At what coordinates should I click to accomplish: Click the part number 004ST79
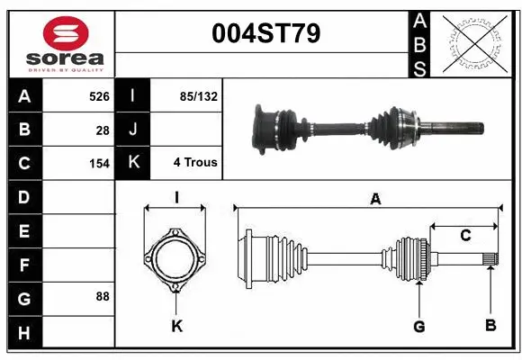pos(265,35)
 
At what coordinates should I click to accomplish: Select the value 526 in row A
pos(99,95)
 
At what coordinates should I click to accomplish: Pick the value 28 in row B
pos(103,130)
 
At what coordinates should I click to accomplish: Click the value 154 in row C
pos(99,164)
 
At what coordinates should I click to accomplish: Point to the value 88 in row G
pos(102,295)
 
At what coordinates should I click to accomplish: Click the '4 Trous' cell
pos(195,163)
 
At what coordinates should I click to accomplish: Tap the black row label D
pos(23,197)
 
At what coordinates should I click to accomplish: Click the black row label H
pos(23,333)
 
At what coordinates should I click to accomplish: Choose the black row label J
pos(134,130)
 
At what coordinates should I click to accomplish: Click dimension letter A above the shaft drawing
pos(375,200)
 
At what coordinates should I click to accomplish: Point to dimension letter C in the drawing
pos(465,236)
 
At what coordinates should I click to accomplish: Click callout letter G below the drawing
pos(418,326)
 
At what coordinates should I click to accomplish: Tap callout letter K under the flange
pos(176,326)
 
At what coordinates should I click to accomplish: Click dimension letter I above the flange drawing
pos(177,196)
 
